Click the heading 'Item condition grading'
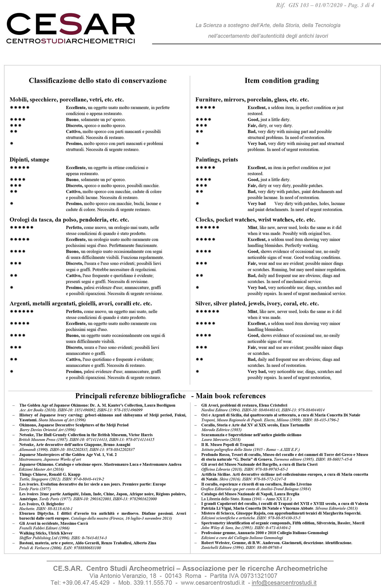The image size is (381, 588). click(281, 81)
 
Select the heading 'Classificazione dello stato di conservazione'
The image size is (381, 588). click(98, 81)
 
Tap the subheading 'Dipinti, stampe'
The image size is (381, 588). click(29, 160)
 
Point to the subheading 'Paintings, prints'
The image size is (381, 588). click(216, 160)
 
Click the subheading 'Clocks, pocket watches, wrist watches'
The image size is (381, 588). click(255, 220)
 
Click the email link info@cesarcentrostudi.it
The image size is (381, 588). click(284, 582)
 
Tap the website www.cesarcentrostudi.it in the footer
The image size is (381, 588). click(212, 582)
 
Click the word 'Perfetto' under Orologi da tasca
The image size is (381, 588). click(74, 228)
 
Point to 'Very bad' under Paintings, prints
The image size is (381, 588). click(256, 203)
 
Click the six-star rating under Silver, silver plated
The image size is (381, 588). click(207, 311)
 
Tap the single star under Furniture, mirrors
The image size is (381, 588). click(197, 143)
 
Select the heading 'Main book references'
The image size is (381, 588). click(231, 396)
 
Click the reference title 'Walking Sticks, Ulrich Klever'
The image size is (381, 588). click(46, 533)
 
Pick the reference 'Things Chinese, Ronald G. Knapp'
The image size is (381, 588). click(50, 474)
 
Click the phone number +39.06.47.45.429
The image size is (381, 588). click(80, 582)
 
